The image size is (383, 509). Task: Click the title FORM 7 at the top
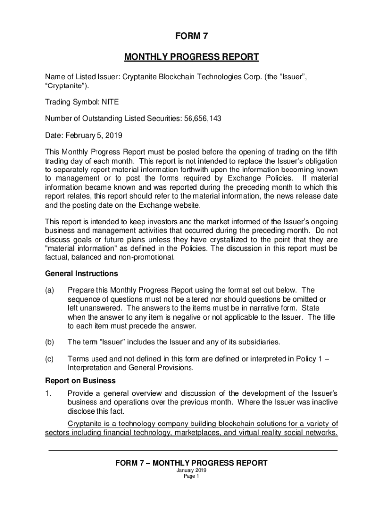click(191, 36)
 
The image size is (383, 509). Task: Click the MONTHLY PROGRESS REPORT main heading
click(191, 57)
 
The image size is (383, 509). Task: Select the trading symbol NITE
click(109, 102)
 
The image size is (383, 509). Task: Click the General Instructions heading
click(82, 273)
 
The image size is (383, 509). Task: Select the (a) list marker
click(50, 290)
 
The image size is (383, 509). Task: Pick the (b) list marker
click(50, 342)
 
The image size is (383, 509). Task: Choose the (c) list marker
click(50, 359)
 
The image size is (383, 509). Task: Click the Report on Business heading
click(81, 381)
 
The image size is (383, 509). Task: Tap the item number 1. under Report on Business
click(48, 394)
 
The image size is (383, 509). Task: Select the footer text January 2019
click(191, 470)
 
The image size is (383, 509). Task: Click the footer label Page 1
click(191, 476)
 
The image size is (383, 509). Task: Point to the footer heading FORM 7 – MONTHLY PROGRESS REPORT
click(191, 463)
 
